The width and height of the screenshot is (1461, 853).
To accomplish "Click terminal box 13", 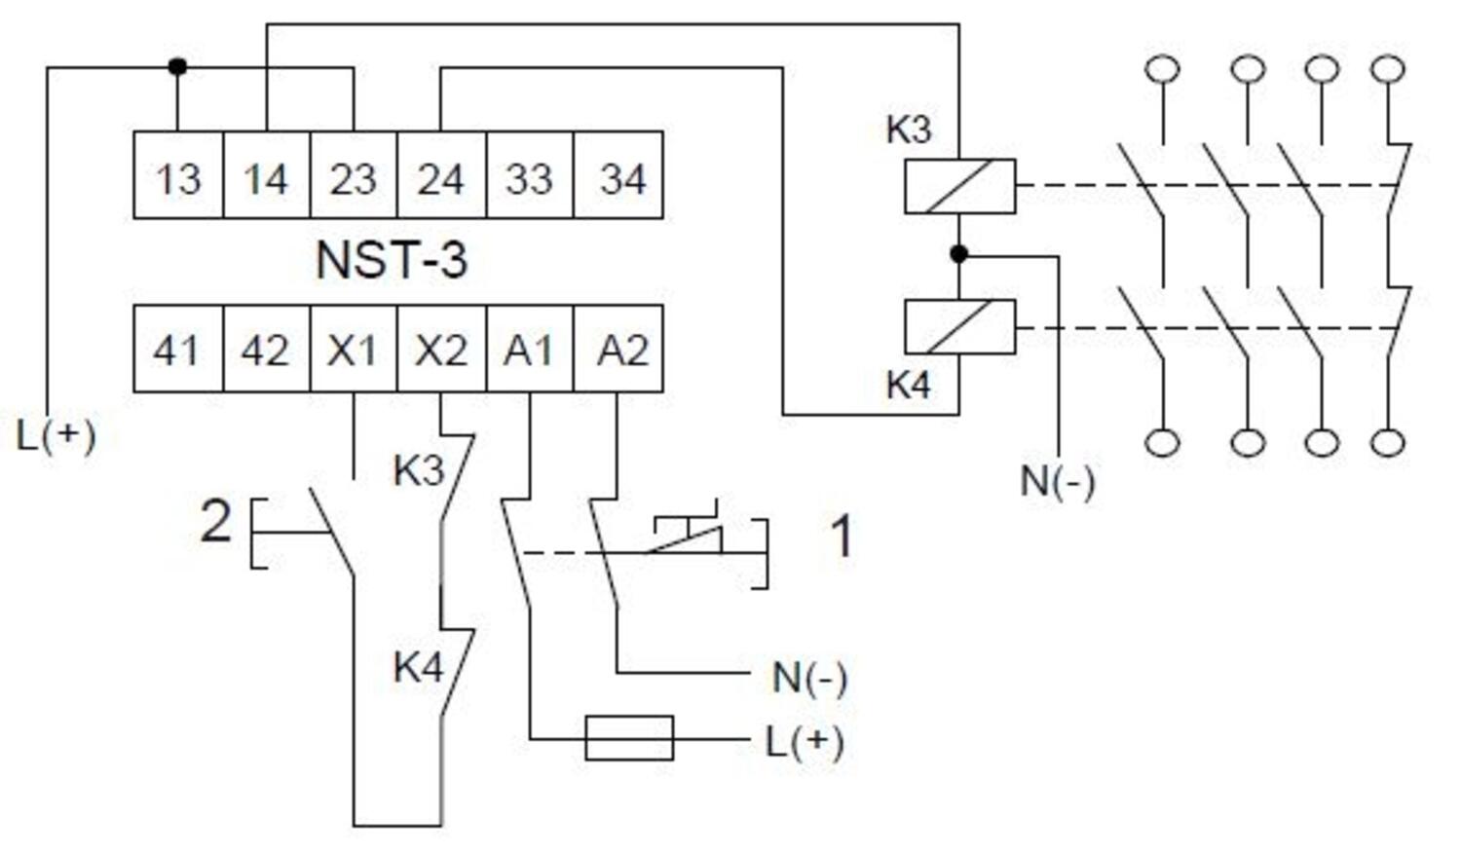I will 178,176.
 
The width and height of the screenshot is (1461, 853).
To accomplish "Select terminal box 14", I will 266,176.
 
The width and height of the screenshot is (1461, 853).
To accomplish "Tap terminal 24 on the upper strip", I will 440,176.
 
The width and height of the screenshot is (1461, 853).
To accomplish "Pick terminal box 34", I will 619,176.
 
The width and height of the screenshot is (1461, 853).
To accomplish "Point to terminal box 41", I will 176,349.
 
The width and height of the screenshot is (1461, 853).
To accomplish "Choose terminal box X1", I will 353,349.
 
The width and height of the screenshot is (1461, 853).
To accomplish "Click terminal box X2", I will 440,349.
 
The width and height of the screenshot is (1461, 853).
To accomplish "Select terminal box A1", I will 529,349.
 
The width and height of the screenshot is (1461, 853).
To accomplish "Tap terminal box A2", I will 619,349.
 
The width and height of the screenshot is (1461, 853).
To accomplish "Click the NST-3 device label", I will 392,260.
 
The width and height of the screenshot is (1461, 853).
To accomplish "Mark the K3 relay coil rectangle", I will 959,186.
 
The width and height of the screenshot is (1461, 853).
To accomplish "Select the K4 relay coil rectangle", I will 959,326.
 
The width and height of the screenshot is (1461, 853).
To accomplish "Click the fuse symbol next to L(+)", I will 629,738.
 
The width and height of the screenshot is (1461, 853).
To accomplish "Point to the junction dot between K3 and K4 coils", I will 958,254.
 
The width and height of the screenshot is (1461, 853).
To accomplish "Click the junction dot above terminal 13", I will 177,67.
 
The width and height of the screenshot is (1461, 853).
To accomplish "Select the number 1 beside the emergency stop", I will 842,537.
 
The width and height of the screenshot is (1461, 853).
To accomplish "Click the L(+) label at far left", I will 56,435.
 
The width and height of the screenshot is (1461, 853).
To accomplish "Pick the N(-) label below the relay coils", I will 1057,480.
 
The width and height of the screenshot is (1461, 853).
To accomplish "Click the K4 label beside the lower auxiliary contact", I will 418,667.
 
